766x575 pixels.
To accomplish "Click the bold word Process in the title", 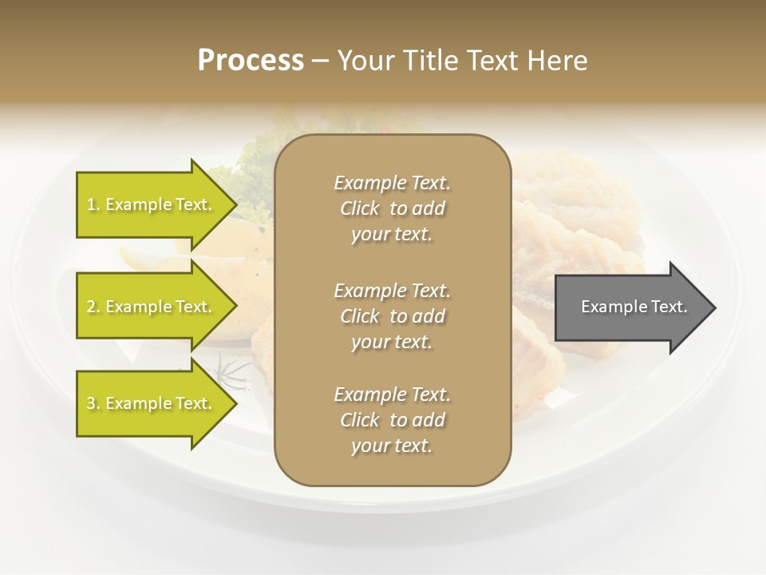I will point(251,61).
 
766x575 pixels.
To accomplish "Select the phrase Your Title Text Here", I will point(462,61).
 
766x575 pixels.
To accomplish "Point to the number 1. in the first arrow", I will point(93,204).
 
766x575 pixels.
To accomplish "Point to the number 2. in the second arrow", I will point(93,307).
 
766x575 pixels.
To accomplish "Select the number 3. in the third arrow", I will point(93,403).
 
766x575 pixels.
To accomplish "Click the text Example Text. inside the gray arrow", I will point(634,307).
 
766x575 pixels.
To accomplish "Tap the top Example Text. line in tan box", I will point(392,183).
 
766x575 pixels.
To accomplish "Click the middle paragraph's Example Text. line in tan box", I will point(392,291).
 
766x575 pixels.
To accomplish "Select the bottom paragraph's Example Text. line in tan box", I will point(392,395).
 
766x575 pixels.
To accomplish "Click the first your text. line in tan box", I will point(391,235).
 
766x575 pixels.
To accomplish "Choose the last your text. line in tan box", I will point(391,446).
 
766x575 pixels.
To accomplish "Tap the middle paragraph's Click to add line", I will point(392,316).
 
